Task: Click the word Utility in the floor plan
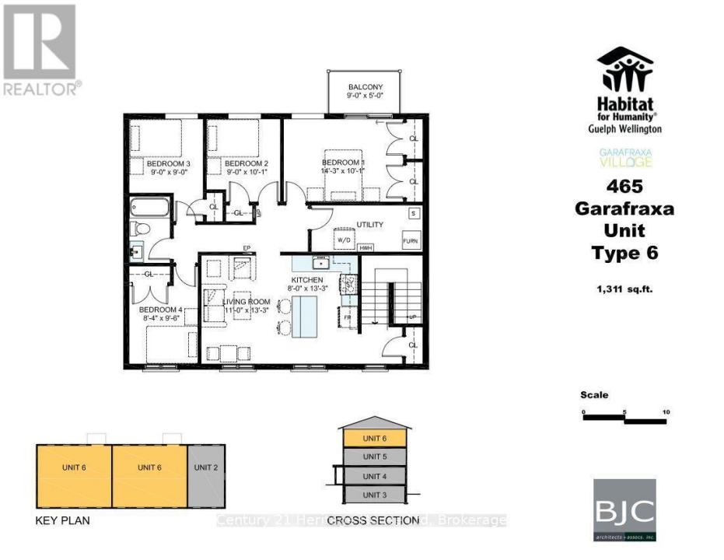tap(369, 224)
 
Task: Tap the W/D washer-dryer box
tap(343, 240)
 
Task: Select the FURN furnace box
tap(410, 240)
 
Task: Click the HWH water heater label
tap(365, 247)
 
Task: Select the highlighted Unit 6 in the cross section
tap(375, 439)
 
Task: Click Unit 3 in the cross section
tap(375, 495)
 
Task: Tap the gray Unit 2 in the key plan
tap(206, 467)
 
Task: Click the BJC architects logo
tap(624, 509)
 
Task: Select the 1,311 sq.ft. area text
tap(624, 289)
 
